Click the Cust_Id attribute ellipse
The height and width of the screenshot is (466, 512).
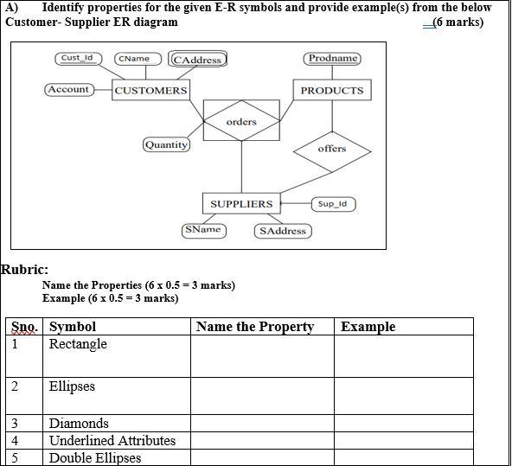[x=78, y=58]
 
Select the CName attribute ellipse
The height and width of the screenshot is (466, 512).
[x=134, y=59]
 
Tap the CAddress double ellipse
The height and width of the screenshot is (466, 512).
[x=198, y=60]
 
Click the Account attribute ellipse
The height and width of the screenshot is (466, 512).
[x=68, y=89]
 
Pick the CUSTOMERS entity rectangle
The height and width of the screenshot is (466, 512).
[x=150, y=90]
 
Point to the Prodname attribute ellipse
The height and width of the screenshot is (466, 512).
[x=332, y=58]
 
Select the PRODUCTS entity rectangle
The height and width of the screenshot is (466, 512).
[x=332, y=90]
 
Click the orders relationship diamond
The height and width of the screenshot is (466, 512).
[x=241, y=122]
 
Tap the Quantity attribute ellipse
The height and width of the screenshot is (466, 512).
[x=166, y=144]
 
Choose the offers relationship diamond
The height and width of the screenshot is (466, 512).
[x=332, y=149]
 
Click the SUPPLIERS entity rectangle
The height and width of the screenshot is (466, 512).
[x=241, y=204]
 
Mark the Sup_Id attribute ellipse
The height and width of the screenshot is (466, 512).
[x=332, y=204]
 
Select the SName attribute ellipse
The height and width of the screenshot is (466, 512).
[x=203, y=229]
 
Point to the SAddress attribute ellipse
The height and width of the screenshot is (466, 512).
[x=283, y=231]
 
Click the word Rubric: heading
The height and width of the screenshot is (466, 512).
[x=24, y=269]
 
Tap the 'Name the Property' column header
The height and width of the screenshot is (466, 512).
[x=254, y=327]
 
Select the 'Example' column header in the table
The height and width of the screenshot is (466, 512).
[x=368, y=327]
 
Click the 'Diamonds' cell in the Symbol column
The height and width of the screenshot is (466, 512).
[x=79, y=424]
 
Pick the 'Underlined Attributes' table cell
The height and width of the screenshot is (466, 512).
[x=112, y=440]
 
